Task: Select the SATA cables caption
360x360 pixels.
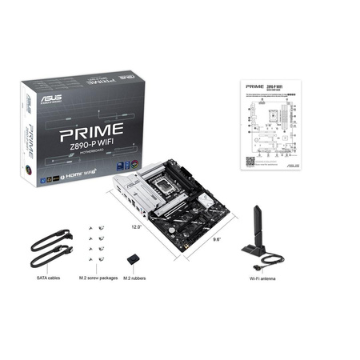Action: coord(49,278)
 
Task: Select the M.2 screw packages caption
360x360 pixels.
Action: coord(97,278)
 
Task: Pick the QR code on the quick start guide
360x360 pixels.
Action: coord(249,160)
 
